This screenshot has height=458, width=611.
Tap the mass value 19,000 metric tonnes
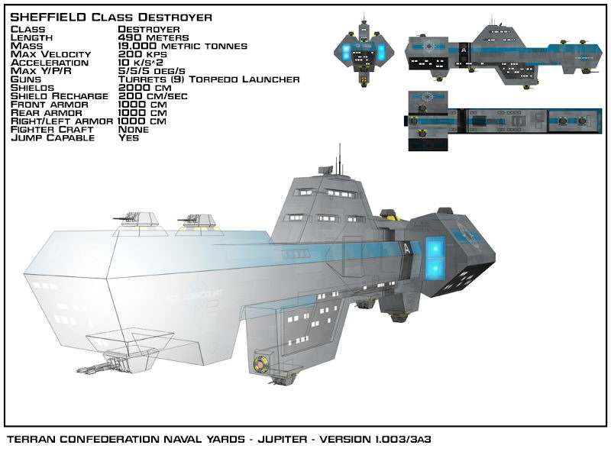[183, 46]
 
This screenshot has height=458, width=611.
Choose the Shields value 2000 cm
[140, 88]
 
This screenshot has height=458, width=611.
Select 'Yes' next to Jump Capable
[128, 137]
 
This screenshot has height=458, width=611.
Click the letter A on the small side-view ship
[464, 50]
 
